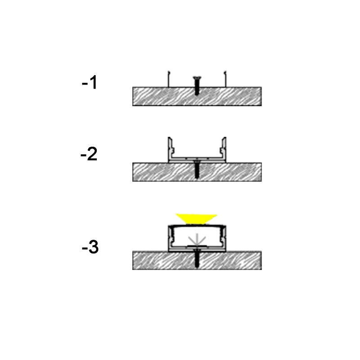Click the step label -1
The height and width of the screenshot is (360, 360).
click(x=90, y=82)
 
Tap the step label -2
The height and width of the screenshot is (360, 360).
click(x=89, y=153)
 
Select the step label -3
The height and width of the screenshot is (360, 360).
click(x=90, y=247)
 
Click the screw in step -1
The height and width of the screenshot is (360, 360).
click(x=197, y=85)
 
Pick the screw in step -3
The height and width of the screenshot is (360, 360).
click(x=197, y=256)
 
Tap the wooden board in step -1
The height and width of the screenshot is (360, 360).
click(x=197, y=96)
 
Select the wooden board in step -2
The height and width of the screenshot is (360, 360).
click(x=197, y=172)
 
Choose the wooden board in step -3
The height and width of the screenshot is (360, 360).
click(x=197, y=261)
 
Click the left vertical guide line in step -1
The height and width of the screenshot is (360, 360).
click(x=168, y=79)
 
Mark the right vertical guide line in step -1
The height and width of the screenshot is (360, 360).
click(x=225, y=79)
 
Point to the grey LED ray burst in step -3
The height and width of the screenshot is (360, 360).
click(x=197, y=239)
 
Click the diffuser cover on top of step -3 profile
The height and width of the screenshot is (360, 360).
click(x=197, y=226)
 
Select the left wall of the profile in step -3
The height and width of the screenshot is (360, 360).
click(x=171, y=238)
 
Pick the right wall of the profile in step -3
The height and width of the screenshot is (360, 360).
click(x=223, y=238)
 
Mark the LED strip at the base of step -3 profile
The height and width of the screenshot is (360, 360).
click(x=197, y=246)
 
